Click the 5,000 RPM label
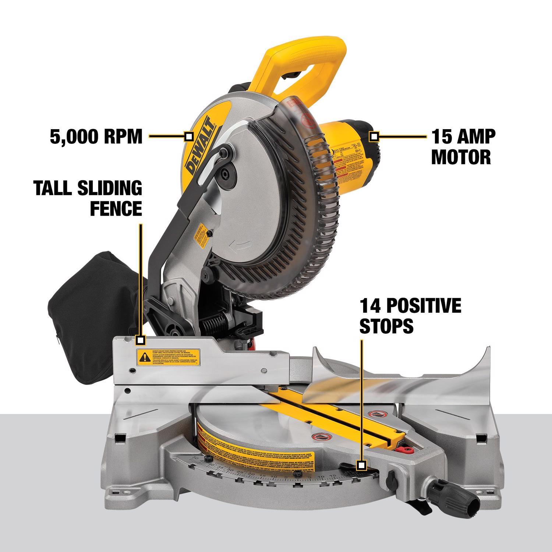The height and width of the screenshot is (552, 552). click(96, 137)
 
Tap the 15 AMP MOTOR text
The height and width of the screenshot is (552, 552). click(463, 146)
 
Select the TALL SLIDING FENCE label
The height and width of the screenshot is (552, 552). click(88, 198)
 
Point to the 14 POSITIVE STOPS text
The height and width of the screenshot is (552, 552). click(410, 316)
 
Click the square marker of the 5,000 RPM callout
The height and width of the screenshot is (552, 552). click(189, 137)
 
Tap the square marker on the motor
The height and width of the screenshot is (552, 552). click(374, 137)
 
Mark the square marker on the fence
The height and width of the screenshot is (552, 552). click(140, 340)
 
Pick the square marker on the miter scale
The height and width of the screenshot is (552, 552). click(362, 465)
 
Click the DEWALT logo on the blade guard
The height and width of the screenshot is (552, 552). click(201, 145)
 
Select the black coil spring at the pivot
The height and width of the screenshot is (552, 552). click(213, 326)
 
